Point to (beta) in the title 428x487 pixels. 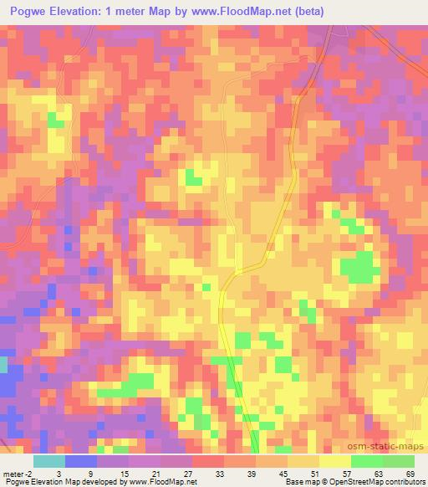click(x=308, y=11)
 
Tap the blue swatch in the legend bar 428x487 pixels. click(x=80, y=461)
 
